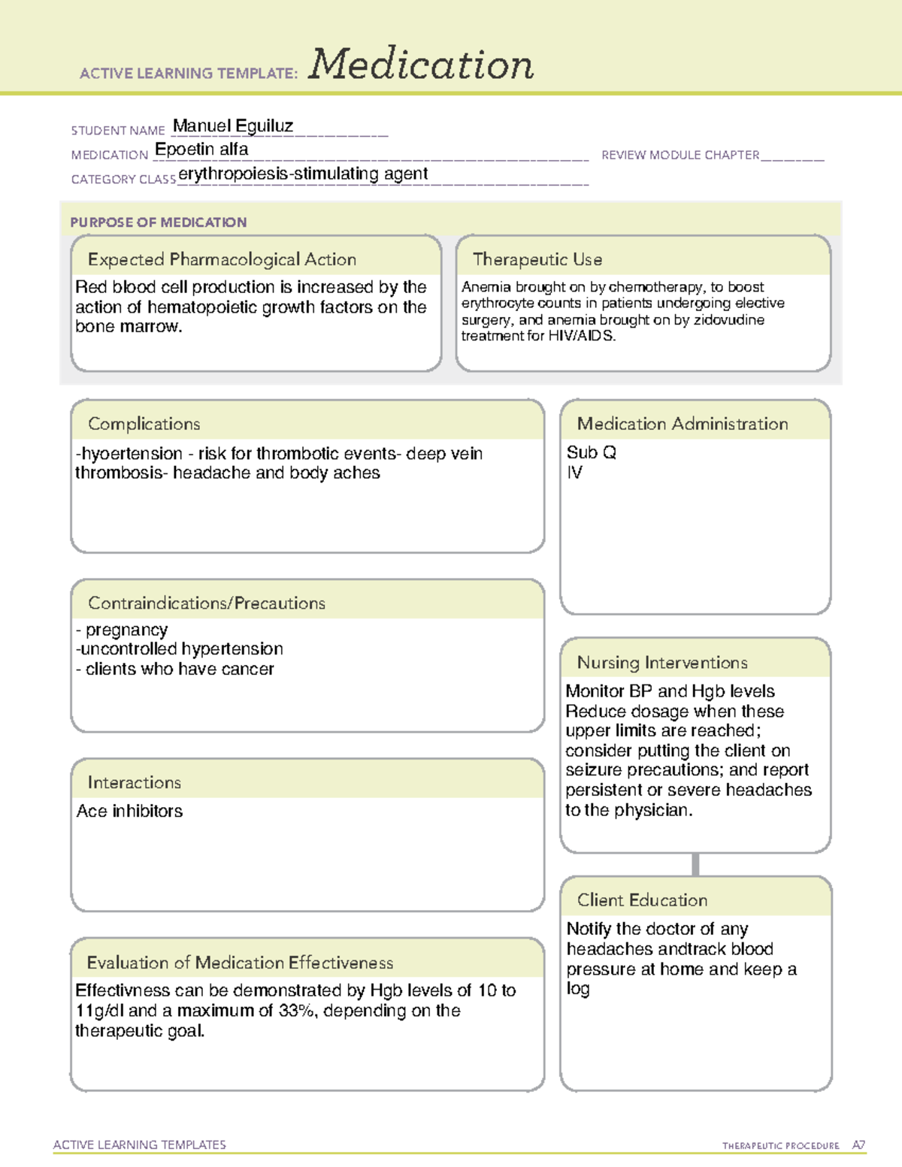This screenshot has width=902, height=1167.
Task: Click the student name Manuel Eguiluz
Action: [233, 125]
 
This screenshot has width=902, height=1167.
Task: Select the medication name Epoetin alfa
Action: [201, 150]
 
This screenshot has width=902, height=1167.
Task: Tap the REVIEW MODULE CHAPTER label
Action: [680, 155]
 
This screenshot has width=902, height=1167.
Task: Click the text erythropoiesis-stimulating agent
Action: [303, 174]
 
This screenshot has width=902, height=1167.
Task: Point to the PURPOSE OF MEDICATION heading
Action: [159, 222]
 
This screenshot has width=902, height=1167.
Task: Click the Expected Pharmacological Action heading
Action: [222, 259]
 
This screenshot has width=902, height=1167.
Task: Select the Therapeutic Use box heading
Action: [537, 259]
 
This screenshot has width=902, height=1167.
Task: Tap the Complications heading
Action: [144, 424]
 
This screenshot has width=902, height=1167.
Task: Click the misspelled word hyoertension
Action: [132, 454]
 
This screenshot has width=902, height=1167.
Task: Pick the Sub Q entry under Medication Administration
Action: [591, 452]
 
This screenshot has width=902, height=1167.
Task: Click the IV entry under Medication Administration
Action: [574, 473]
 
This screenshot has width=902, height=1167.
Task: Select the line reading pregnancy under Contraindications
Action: [126, 630]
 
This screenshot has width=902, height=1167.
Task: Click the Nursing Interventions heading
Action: [662, 663]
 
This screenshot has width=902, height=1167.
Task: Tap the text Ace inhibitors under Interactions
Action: [129, 811]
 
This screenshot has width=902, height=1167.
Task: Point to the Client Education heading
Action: [642, 900]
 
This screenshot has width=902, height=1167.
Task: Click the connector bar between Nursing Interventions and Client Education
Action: [695, 864]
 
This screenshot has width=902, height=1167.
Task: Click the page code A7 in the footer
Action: [858, 1145]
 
